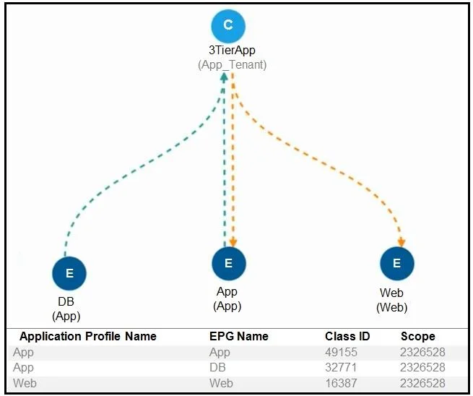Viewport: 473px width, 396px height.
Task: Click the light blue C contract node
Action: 228,26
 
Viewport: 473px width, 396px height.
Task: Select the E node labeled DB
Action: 69,273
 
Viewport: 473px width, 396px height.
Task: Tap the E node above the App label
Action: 229,264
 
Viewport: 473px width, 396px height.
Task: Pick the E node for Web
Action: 397,264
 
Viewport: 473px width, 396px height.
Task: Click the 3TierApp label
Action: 232,50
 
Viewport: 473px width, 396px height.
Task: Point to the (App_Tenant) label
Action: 232,64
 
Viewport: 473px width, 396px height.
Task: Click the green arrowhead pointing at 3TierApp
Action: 224,77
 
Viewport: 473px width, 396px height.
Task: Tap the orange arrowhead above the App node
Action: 233,242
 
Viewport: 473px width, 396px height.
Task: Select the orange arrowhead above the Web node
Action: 402,242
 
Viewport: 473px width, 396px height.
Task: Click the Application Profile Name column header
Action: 88,336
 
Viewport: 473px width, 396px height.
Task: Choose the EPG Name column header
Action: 239,336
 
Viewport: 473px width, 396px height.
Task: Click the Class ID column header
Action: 347,336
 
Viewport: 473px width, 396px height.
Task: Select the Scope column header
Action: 418,336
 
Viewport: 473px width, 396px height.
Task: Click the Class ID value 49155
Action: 341,352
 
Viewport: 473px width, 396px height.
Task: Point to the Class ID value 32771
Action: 341,367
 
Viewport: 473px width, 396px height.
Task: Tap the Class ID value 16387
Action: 341,383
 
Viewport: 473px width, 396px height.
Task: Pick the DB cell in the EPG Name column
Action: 217,367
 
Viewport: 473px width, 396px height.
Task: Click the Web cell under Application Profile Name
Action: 25,383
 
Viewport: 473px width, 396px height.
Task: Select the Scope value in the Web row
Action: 422,383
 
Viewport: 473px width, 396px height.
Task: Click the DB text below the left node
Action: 66,301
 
